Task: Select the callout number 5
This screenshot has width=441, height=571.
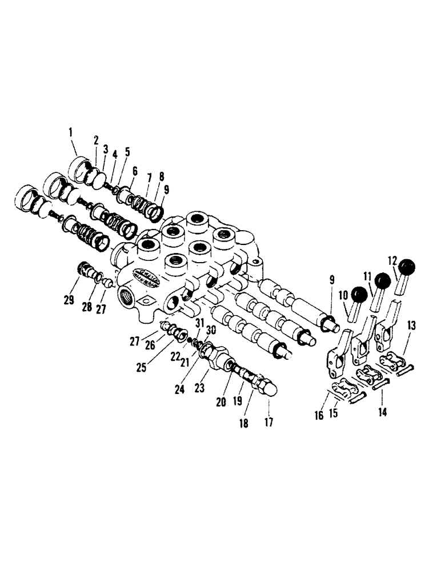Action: tap(127, 151)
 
